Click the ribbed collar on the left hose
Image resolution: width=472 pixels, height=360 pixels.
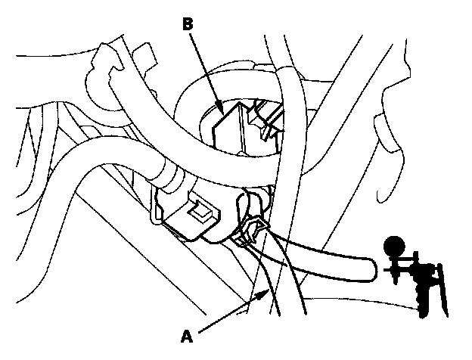tap(169, 182)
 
